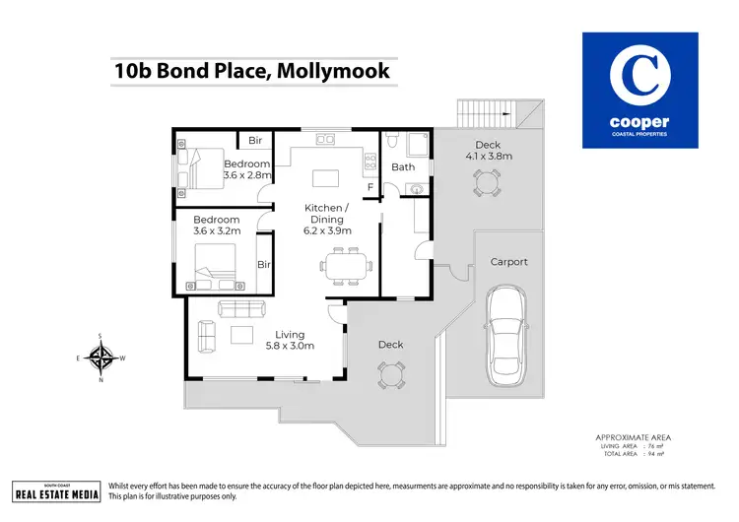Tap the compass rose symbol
tap(101, 357)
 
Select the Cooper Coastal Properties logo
tap(639, 90)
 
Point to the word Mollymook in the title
tap(336, 71)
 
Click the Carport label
tap(509, 262)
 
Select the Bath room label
tap(403, 167)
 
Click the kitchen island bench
tap(325, 178)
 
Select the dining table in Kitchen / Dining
tap(344, 264)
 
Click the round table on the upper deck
tap(486, 182)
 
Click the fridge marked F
tap(370, 186)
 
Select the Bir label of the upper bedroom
tap(254, 141)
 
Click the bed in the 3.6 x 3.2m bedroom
tap(216, 262)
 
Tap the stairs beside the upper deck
tap(489, 114)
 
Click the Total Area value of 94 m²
tap(655, 455)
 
